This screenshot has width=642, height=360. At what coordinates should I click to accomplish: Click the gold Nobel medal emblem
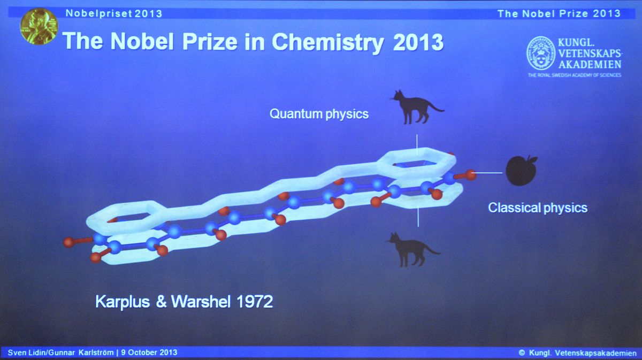point(39,26)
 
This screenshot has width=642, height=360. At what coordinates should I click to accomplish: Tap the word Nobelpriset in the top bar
point(98,13)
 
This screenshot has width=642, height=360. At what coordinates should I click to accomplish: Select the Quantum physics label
point(319,114)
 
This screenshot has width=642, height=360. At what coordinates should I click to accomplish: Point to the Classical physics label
point(538,208)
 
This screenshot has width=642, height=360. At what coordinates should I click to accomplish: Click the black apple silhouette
point(521,171)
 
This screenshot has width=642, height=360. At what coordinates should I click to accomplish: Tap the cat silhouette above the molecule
point(417,108)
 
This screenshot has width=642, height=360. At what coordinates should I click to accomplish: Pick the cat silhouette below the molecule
point(414,250)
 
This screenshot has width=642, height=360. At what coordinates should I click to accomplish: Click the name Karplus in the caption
point(123,302)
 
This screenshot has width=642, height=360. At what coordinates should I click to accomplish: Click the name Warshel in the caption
point(201,302)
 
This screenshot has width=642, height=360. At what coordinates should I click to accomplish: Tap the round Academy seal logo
point(541,53)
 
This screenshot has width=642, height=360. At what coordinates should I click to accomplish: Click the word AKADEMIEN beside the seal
point(590,65)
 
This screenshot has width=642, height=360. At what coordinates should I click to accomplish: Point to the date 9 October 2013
point(149,353)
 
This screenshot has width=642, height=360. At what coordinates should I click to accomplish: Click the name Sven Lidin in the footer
point(26,353)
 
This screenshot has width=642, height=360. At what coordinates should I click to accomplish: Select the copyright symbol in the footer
point(522,353)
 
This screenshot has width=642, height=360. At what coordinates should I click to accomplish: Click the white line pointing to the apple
point(488,173)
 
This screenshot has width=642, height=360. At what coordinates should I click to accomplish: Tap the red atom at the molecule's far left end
point(69,242)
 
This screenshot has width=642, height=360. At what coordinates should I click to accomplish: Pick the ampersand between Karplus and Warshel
point(161,302)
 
